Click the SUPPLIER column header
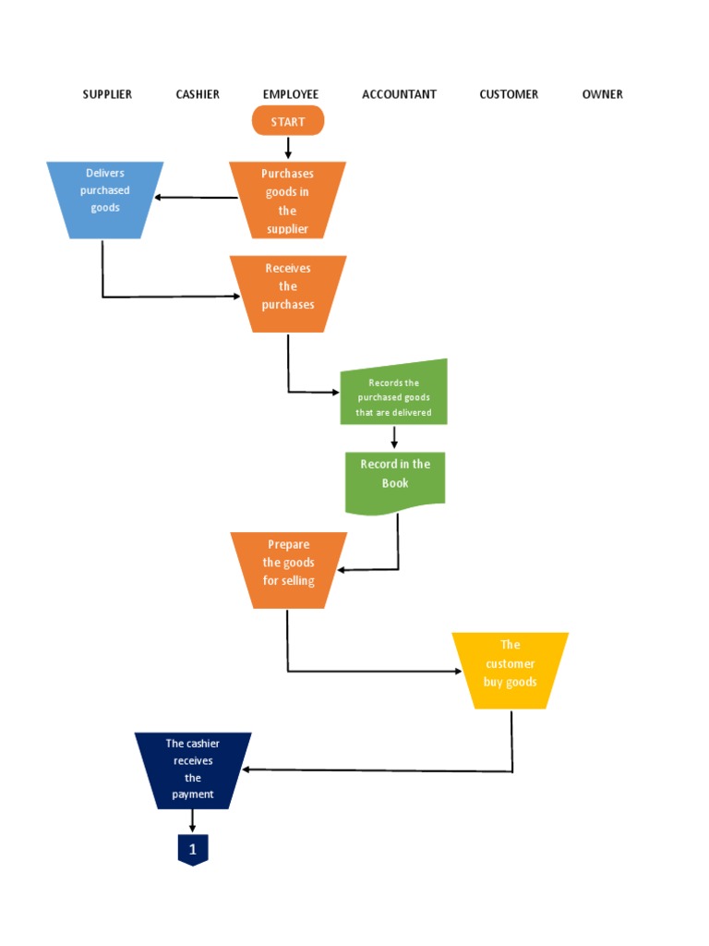107,94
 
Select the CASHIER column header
198,94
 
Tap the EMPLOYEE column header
290,94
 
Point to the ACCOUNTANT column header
399,94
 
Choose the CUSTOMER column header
509,94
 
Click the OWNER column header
602,94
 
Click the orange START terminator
288,121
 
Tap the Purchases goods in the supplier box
288,200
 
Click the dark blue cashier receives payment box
193,770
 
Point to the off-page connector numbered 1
193,849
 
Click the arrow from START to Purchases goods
288,148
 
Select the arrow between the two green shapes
394,438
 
